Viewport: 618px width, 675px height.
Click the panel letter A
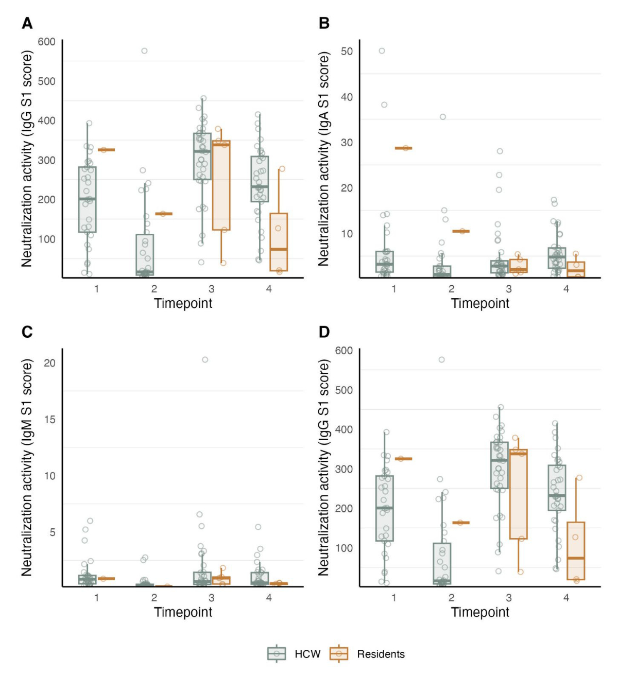[x=27, y=23]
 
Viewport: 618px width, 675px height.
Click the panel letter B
[x=324, y=23]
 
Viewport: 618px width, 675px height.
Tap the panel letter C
[x=27, y=332]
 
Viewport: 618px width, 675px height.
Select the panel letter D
[x=324, y=332]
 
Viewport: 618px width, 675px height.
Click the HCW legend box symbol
[x=277, y=653]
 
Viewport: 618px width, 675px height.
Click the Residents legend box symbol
[x=339, y=653]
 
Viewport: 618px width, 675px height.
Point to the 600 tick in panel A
[x=46, y=42]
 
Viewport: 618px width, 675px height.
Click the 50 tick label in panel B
[x=347, y=51]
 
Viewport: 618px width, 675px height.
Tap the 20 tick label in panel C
[x=49, y=363]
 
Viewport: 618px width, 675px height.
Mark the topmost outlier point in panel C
[x=205, y=360]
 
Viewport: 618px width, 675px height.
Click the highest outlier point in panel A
[x=145, y=51]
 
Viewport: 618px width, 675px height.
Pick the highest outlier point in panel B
[x=382, y=51]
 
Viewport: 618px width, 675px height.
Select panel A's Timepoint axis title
[x=183, y=303]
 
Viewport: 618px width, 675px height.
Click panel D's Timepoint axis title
[x=480, y=612]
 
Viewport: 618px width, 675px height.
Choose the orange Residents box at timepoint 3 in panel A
[x=221, y=185]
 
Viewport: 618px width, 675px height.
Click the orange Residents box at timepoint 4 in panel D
[x=576, y=551]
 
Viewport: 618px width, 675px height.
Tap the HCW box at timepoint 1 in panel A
[x=87, y=199]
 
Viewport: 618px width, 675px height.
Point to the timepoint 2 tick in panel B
[x=451, y=289]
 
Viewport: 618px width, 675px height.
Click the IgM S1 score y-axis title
[x=27, y=468]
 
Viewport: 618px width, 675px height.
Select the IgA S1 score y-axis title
[x=323, y=159]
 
